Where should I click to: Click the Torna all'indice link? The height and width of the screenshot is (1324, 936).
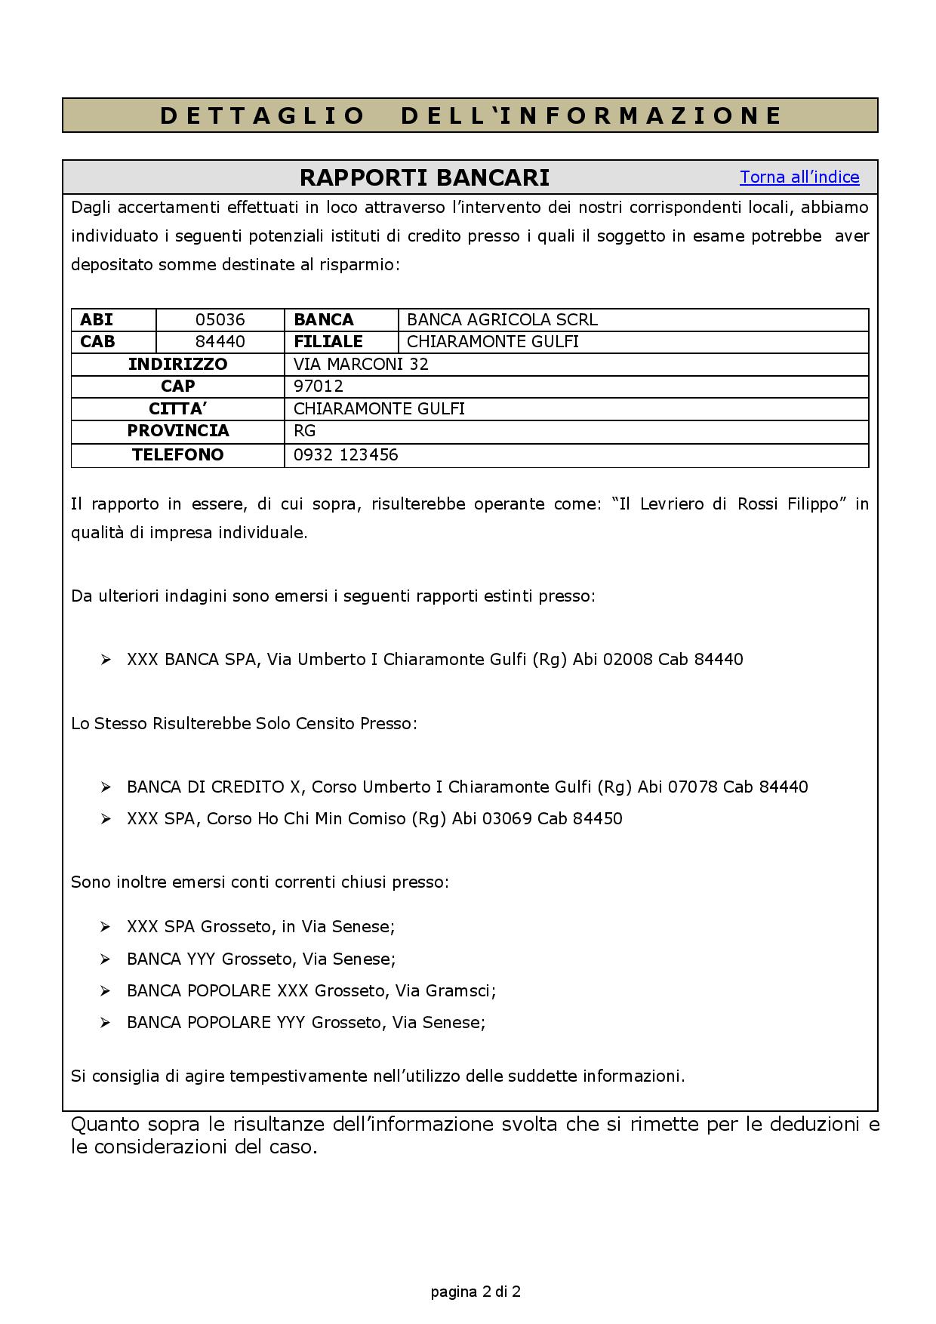(x=799, y=177)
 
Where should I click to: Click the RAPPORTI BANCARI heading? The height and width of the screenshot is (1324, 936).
(x=424, y=177)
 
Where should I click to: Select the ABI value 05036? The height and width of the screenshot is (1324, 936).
(x=220, y=320)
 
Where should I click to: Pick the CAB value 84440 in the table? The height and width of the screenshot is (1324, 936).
(x=220, y=342)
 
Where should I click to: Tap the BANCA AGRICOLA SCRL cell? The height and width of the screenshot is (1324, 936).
(x=502, y=320)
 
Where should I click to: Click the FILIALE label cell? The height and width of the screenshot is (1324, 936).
(x=328, y=342)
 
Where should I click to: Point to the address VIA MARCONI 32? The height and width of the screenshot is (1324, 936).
(x=361, y=365)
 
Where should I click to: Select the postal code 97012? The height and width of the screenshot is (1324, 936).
(x=318, y=386)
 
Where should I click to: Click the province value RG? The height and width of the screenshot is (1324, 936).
(x=304, y=431)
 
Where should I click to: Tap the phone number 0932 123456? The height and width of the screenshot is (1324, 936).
(x=346, y=455)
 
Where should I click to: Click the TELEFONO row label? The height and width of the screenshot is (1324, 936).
(x=177, y=455)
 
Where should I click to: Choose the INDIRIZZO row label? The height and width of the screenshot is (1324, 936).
(x=177, y=365)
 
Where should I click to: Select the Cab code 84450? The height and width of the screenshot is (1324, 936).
(x=597, y=819)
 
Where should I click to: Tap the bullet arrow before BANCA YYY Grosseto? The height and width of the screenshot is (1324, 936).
(x=106, y=959)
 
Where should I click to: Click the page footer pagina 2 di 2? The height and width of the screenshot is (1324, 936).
(x=476, y=1292)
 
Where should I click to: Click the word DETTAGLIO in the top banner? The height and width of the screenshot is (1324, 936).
(x=262, y=115)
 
